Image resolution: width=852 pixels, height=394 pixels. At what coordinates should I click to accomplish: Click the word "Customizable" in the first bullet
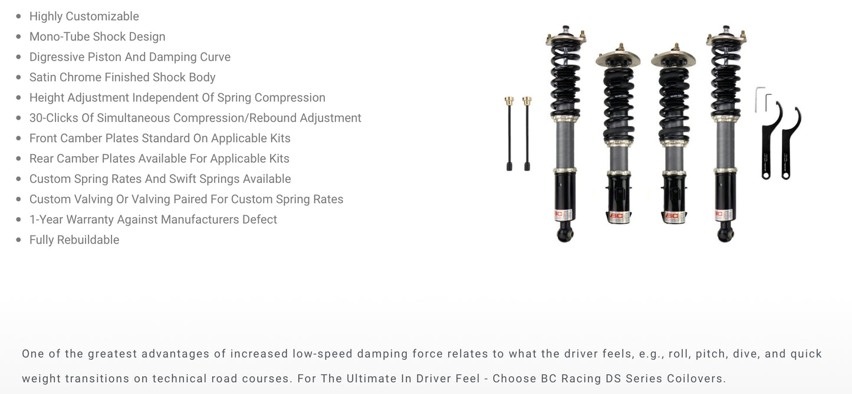[102, 17]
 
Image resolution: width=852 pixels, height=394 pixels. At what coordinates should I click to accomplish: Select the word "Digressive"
[57, 57]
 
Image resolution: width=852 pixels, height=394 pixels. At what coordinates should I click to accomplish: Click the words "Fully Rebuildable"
[74, 240]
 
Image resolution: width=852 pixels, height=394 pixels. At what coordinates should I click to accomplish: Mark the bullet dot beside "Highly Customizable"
[18, 17]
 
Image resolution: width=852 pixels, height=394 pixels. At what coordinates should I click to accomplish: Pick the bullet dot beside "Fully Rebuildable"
[18, 240]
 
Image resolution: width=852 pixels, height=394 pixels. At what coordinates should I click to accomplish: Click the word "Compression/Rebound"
[235, 118]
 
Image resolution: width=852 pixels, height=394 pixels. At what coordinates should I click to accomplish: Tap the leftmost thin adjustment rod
[509, 134]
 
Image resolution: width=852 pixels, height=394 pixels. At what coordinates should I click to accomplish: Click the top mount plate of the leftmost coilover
[565, 38]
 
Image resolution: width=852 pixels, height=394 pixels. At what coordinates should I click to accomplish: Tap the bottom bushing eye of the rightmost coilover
[725, 235]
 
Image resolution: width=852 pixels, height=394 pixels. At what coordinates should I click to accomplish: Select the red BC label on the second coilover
[617, 216]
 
